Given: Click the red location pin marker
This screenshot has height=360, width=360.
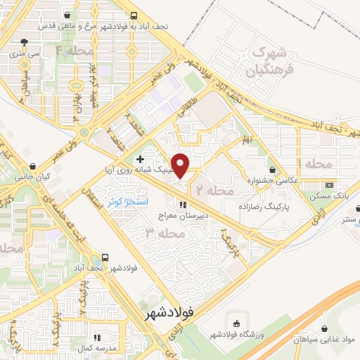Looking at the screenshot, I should tap(181, 165).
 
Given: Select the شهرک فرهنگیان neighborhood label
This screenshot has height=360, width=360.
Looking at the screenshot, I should tap(264, 63).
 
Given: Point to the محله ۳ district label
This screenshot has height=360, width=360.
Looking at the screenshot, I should tap(156, 232).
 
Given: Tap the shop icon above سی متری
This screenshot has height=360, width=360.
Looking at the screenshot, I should tap(26, 41).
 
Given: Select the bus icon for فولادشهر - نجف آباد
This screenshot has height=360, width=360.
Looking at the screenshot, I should tap(105, 257).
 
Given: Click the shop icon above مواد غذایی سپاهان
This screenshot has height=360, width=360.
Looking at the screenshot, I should tap(324, 328).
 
